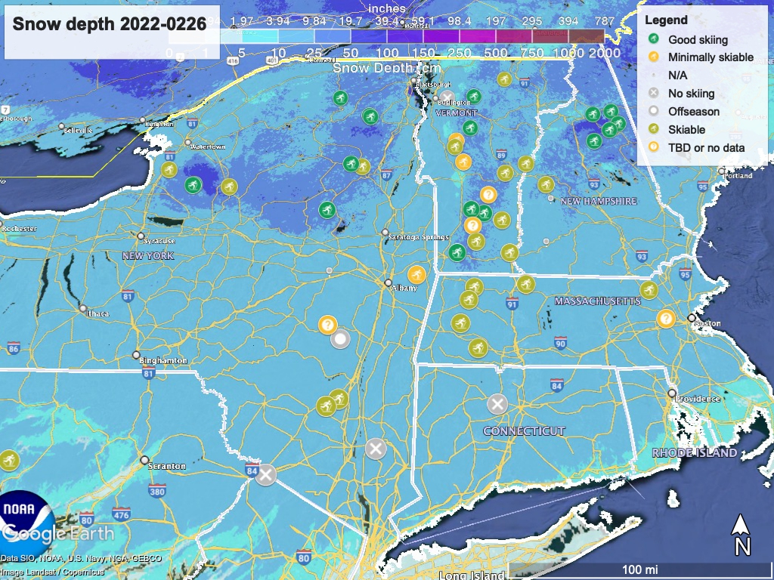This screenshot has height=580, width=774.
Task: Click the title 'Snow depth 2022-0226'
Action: [110, 24]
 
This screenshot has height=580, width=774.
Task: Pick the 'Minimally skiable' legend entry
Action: [710, 57]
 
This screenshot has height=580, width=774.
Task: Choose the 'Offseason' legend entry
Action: [693, 112]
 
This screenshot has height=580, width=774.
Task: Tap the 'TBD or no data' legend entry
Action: [706, 148]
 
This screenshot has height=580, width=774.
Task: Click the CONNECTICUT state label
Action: [525, 431]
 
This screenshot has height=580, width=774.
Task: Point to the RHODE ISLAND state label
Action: [694, 453]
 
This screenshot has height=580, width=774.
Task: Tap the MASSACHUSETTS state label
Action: [597, 301]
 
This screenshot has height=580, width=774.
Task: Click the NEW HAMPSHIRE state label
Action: [598, 202]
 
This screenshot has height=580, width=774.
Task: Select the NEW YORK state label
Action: [148, 256]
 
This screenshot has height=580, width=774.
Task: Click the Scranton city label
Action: [168, 466]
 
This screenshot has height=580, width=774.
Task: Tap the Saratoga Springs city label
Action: [413, 237]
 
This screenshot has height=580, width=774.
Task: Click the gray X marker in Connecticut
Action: [497, 404]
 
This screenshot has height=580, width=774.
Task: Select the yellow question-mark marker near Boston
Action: [666, 319]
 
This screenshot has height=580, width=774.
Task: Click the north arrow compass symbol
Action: [742, 534]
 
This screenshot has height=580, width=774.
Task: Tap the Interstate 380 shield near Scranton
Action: [157, 492]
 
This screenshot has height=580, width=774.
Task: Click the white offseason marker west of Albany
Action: [340, 340]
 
